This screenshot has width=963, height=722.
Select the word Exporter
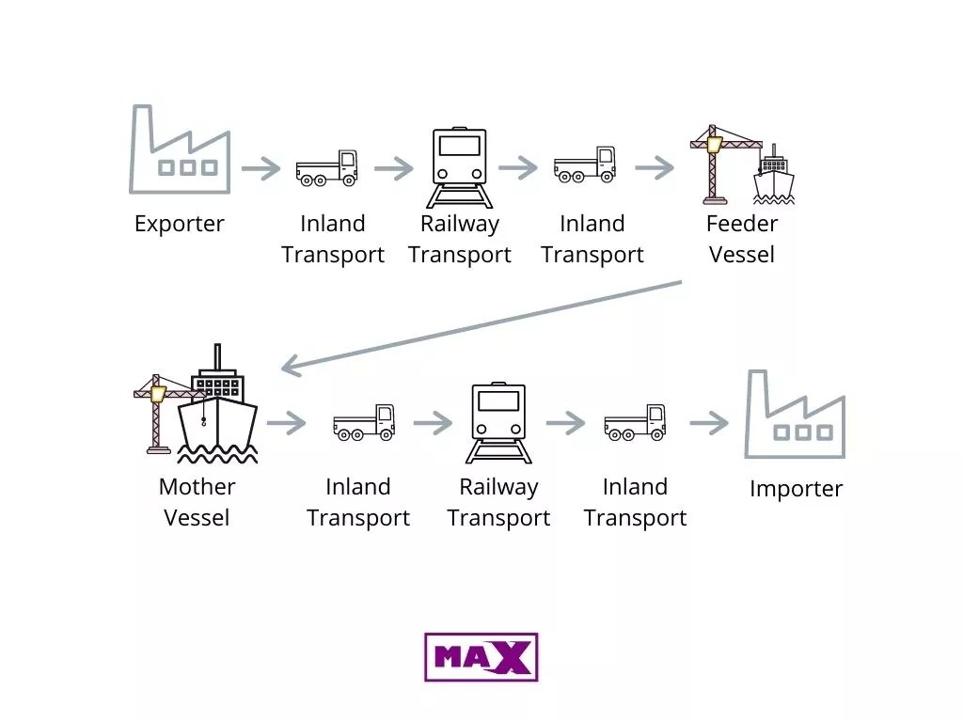pos(180,224)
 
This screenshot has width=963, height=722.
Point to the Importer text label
pos(796,489)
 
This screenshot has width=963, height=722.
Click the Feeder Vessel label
pos(742,239)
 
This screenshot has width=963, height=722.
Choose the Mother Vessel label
pos(197,502)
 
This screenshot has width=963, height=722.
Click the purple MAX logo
pos(481,656)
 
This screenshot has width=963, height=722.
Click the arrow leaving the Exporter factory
pos(260,169)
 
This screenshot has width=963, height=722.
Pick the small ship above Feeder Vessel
pos(773,176)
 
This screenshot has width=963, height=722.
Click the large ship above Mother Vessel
pos(217,409)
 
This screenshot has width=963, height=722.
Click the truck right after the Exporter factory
pos(326,167)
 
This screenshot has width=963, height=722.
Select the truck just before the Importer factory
pos(635,422)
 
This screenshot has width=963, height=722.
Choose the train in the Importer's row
pos(498,422)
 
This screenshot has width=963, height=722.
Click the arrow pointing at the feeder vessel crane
pos(655,169)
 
